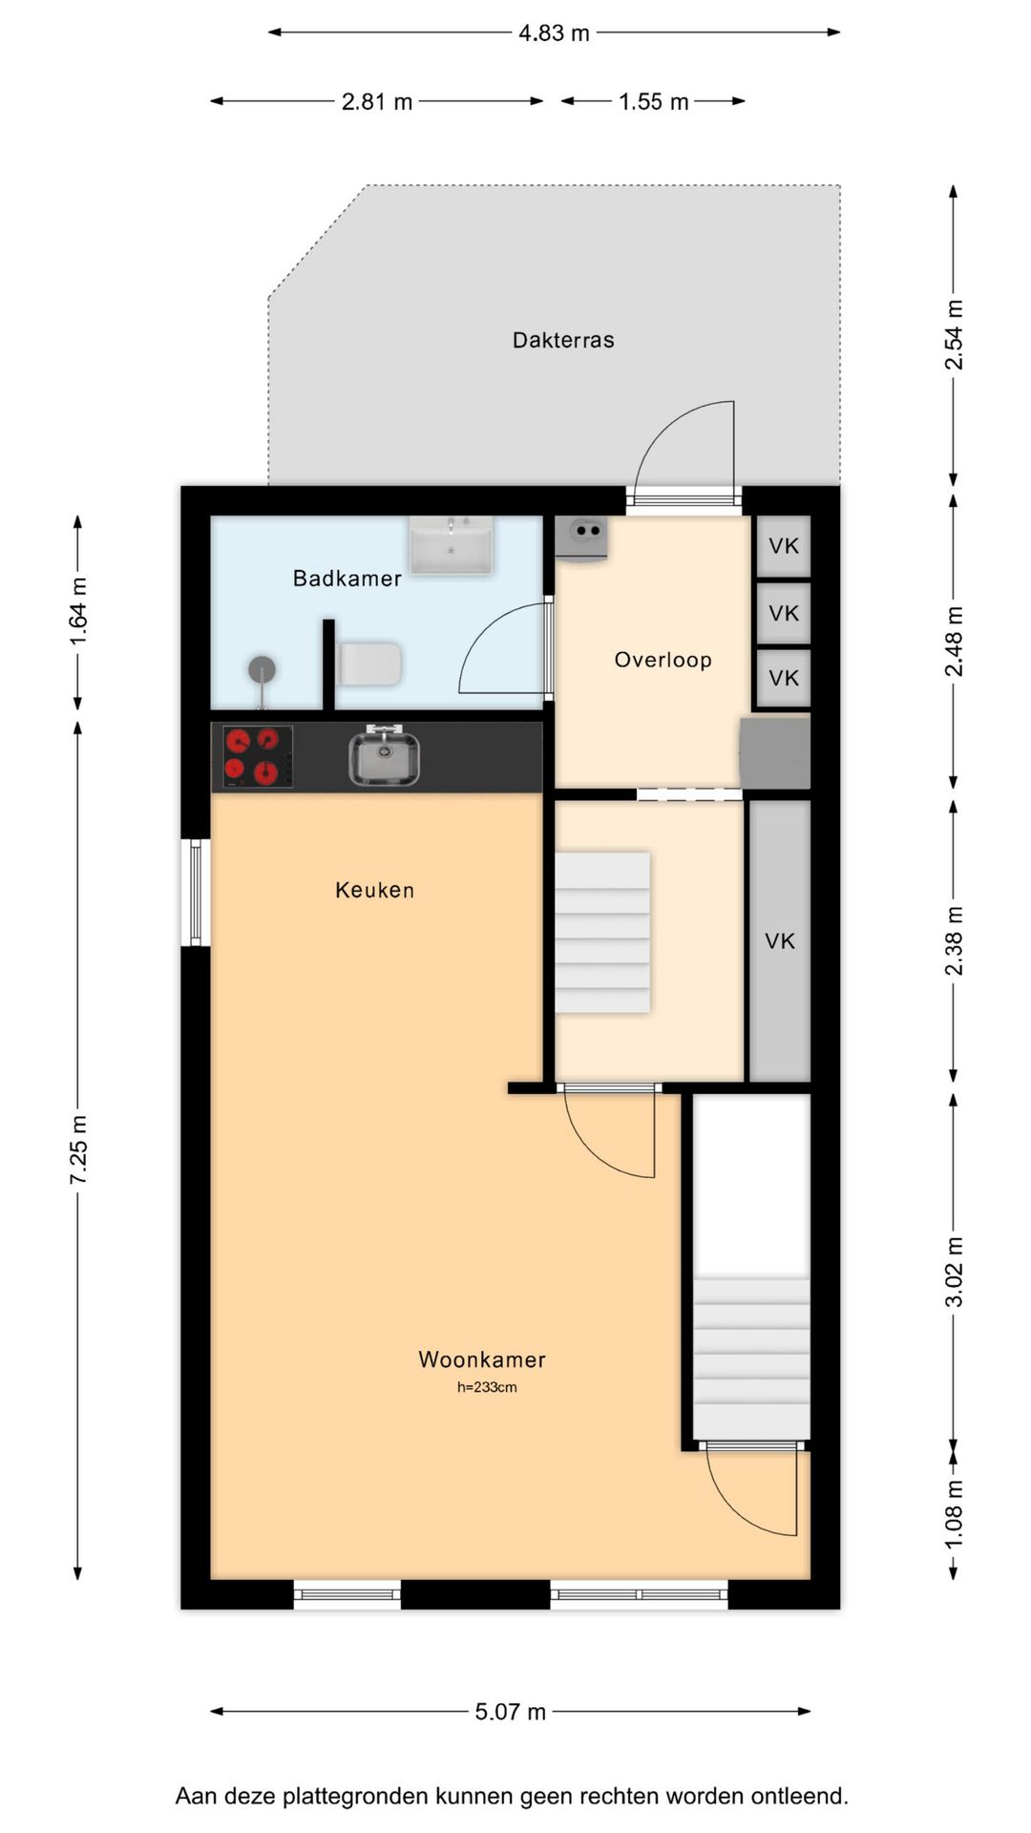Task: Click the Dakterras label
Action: (563, 340)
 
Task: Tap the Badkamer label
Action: (347, 578)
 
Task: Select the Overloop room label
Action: (663, 660)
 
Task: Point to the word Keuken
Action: (374, 890)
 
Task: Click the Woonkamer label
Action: (482, 1359)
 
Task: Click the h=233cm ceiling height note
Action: (487, 1387)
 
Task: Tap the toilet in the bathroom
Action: (369, 664)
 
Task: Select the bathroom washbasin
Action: (452, 546)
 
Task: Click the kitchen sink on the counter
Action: (383, 756)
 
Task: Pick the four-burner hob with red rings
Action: (258, 757)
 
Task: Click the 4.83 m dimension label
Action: (554, 33)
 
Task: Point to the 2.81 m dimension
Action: (377, 101)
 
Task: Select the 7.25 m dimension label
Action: (78, 1148)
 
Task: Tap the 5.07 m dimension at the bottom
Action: (511, 1712)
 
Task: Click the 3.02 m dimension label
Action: (954, 1272)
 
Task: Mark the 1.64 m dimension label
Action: (78, 612)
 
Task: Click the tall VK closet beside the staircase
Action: (780, 941)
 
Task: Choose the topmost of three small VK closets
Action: (784, 546)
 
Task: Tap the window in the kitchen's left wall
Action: (196, 893)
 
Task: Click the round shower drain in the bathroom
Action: (262, 670)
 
